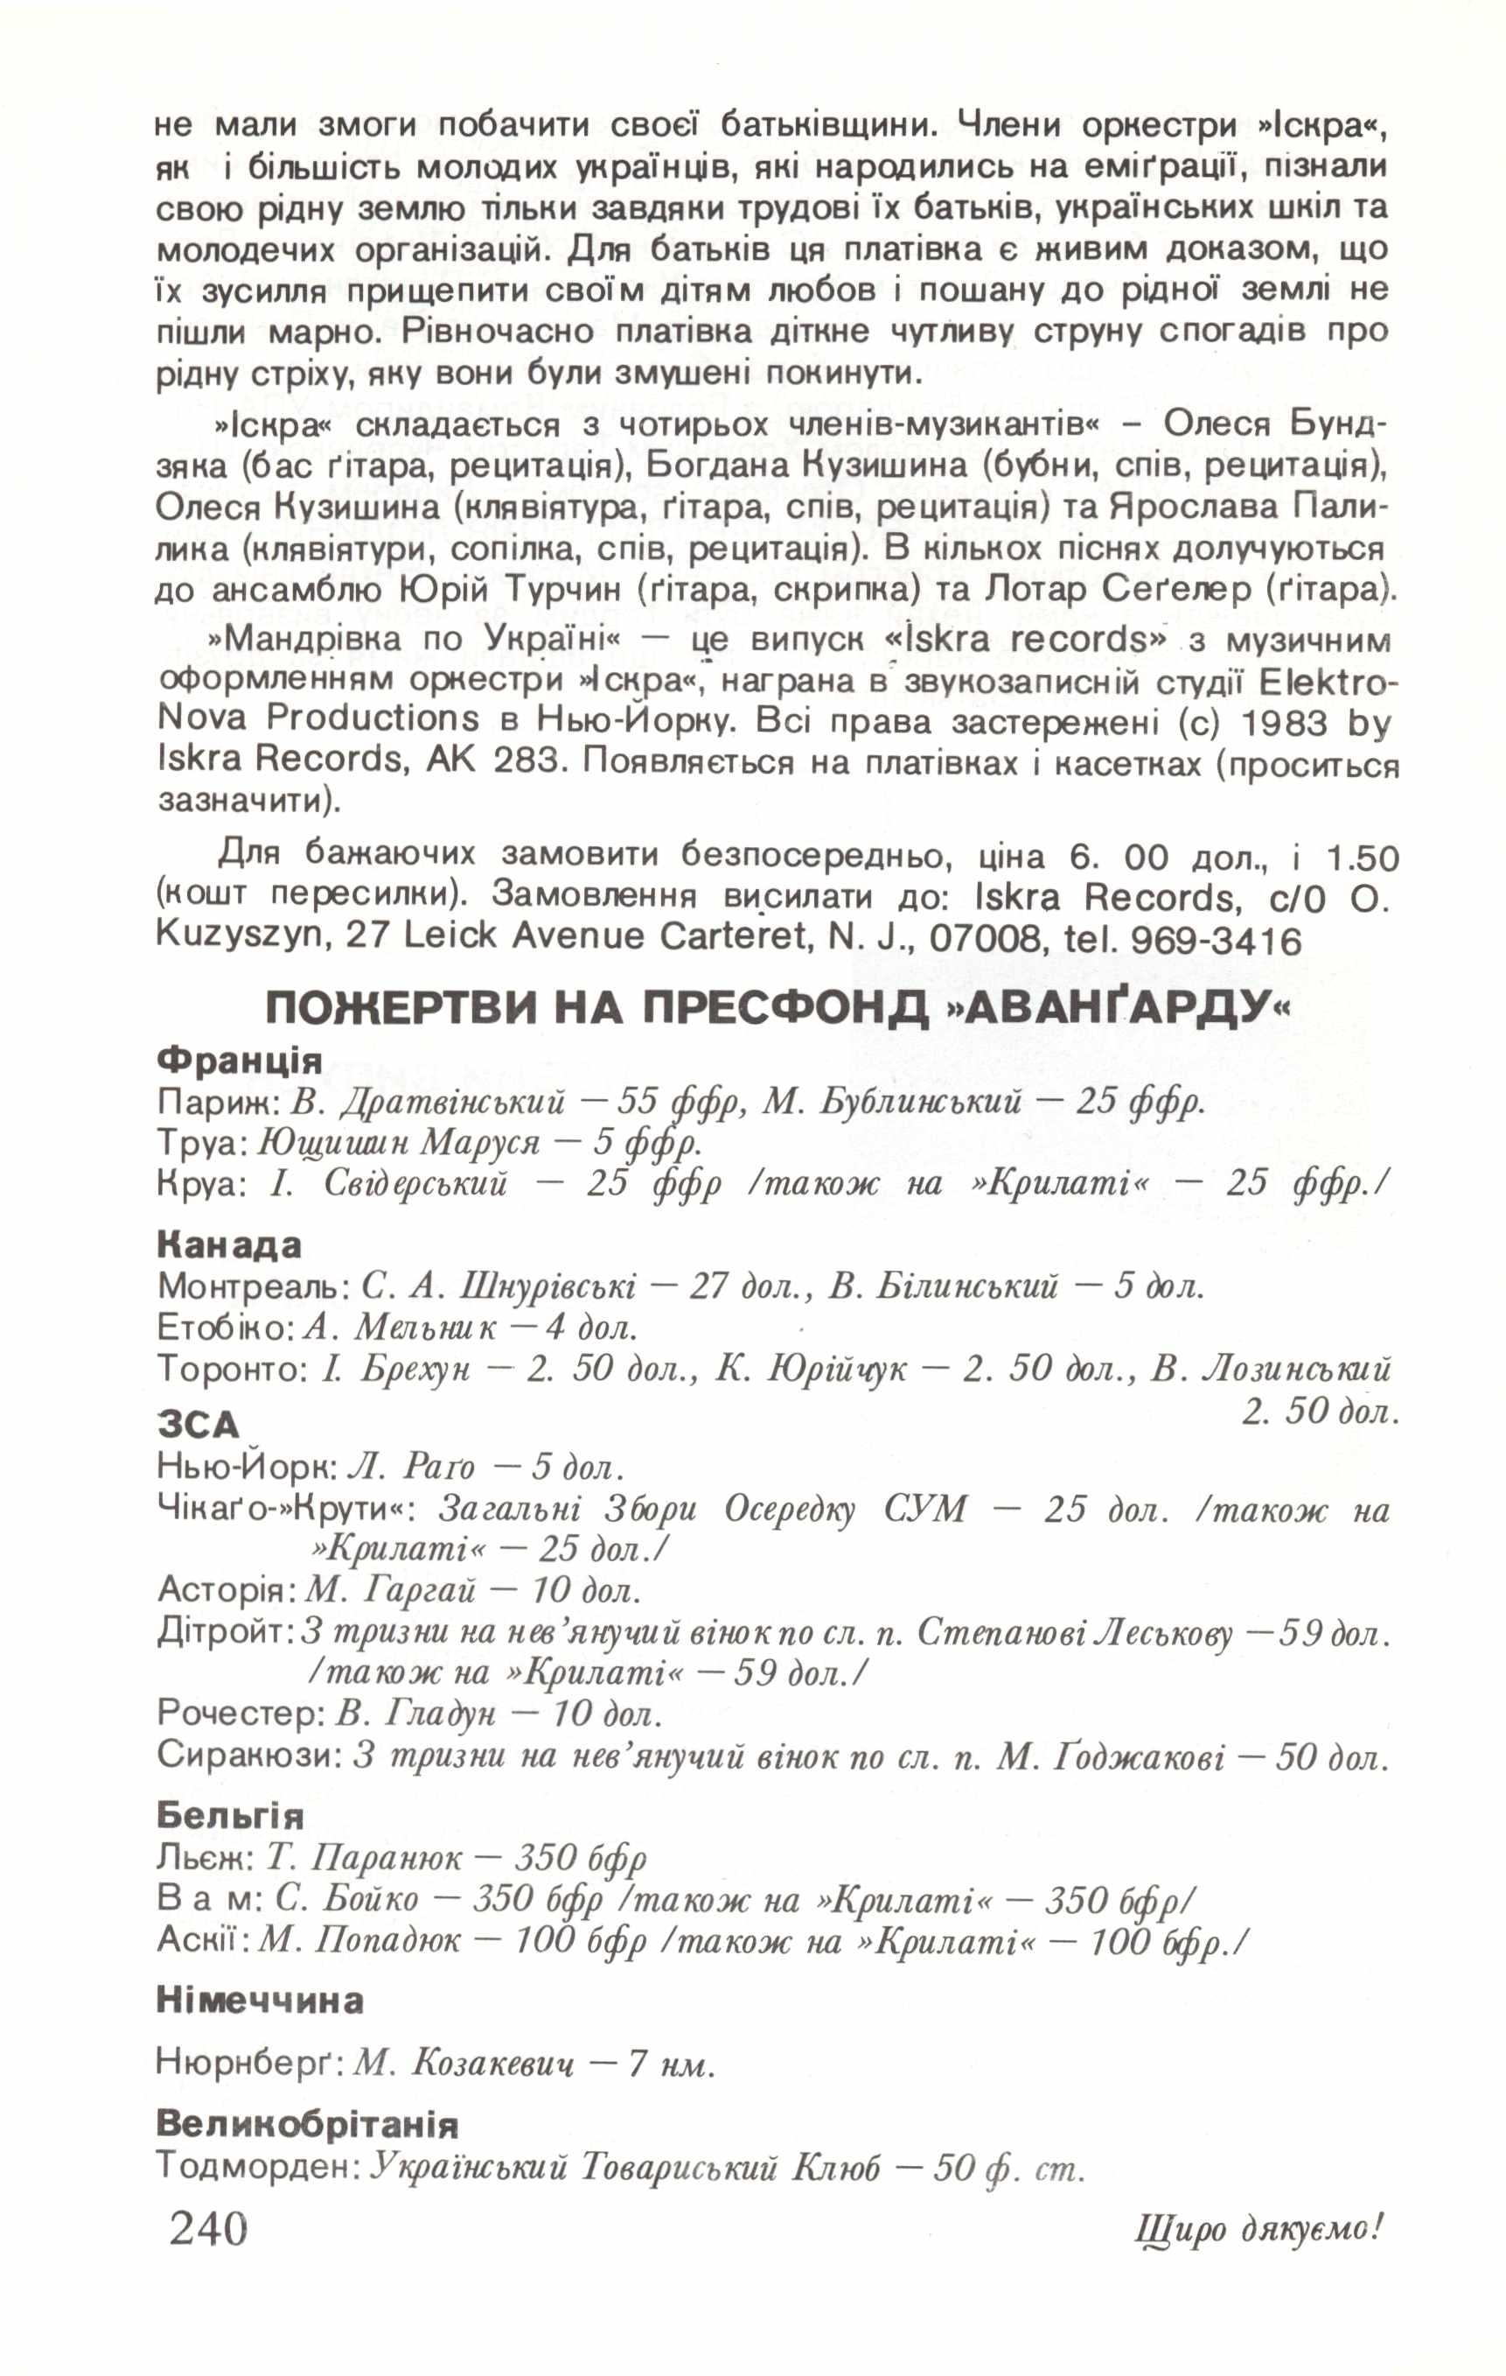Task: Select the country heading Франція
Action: tap(240, 1060)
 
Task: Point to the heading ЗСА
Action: tap(199, 1425)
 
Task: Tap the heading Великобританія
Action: tap(307, 2123)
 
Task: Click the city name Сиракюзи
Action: tap(248, 1756)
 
